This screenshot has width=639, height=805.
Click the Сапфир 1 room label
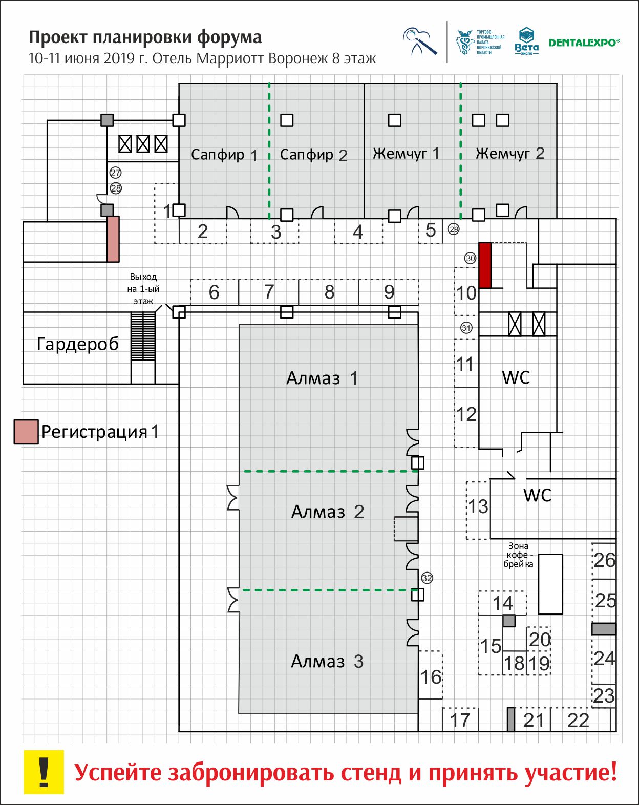tap(224, 155)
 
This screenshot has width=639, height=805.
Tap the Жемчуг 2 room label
tap(509, 154)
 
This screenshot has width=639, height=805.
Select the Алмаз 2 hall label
tap(327, 512)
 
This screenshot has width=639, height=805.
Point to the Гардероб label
tap(78, 344)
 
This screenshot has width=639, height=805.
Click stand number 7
tap(269, 292)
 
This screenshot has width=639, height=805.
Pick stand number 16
tap(431, 677)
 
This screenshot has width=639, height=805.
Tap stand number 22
tap(578, 721)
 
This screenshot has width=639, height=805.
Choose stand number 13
tap(478, 507)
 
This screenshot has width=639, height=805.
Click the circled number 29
tap(454, 229)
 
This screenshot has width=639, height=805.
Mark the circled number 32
tap(427, 578)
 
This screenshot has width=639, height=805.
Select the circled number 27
tap(116, 173)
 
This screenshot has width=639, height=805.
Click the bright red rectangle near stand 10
tap(485, 265)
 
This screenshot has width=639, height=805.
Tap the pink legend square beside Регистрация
tap(26, 432)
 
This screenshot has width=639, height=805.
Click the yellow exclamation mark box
tap(44, 772)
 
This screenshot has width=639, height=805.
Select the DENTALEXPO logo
tap(584, 43)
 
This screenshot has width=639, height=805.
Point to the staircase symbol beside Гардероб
tap(143, 336)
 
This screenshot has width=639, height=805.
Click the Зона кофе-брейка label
tap(518, 555)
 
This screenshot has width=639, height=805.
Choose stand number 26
tap(604, 560)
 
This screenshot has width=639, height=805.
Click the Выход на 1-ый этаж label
tap(143, 289)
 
